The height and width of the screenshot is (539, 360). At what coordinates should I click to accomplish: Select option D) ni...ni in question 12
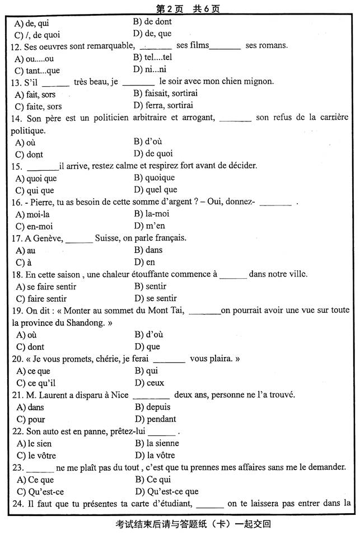(x=149, y=69)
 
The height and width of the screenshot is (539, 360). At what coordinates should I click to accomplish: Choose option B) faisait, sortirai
(x=165, y=93)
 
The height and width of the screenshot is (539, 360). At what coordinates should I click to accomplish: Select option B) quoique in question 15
(x=154, y=177)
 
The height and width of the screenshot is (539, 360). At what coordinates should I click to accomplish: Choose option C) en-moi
(x=34, y=226)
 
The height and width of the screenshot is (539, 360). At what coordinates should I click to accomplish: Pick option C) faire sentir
(x=45, y=298)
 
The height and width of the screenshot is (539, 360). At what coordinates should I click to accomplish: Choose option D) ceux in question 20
(x=149, y=383)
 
